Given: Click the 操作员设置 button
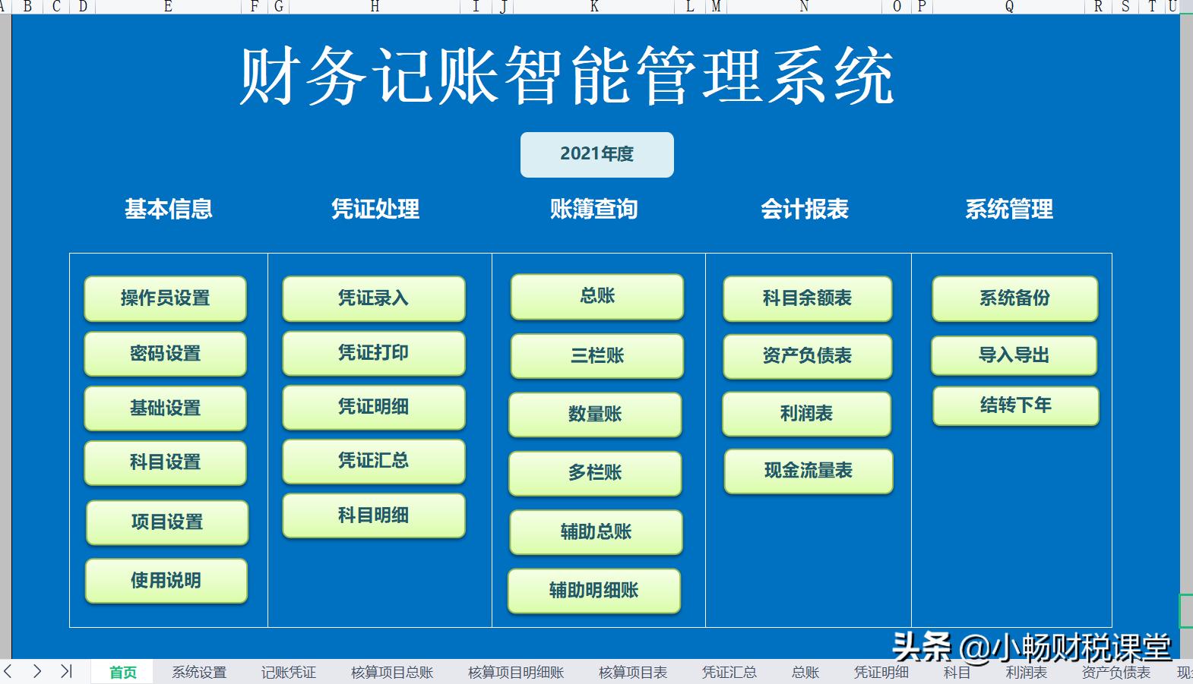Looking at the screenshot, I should (165, 298).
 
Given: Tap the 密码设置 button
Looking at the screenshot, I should (165, 354).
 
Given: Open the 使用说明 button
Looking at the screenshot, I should (166, 581).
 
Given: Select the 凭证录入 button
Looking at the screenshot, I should (373, 298).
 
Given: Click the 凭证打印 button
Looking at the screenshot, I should (373, 353).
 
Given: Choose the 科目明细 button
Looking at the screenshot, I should (373, 515).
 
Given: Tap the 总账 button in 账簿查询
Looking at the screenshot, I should (596, 296).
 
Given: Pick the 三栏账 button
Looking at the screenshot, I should (596, 355).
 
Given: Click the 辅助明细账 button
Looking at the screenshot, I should (593, 590).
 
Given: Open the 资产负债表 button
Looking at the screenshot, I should (807, 355).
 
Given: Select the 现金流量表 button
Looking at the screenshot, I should (808, 471).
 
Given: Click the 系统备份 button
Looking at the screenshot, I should (1014, 298).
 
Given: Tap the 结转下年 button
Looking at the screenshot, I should (1015, 405).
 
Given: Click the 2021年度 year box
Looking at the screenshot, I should (596, 154).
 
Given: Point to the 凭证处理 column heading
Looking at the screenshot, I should (375, 209).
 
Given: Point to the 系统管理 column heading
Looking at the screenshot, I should (1009, 209).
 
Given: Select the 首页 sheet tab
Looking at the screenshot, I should (122, 673).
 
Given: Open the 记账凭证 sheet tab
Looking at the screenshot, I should (288, 673).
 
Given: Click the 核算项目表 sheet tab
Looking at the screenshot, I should (633, 673).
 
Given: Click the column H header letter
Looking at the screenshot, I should (375, 7).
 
